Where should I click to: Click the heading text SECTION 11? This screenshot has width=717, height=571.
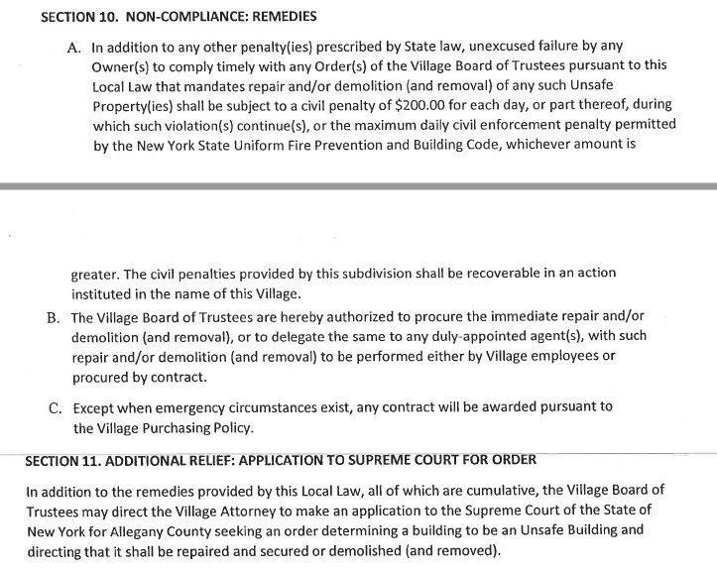pos(61,460)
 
